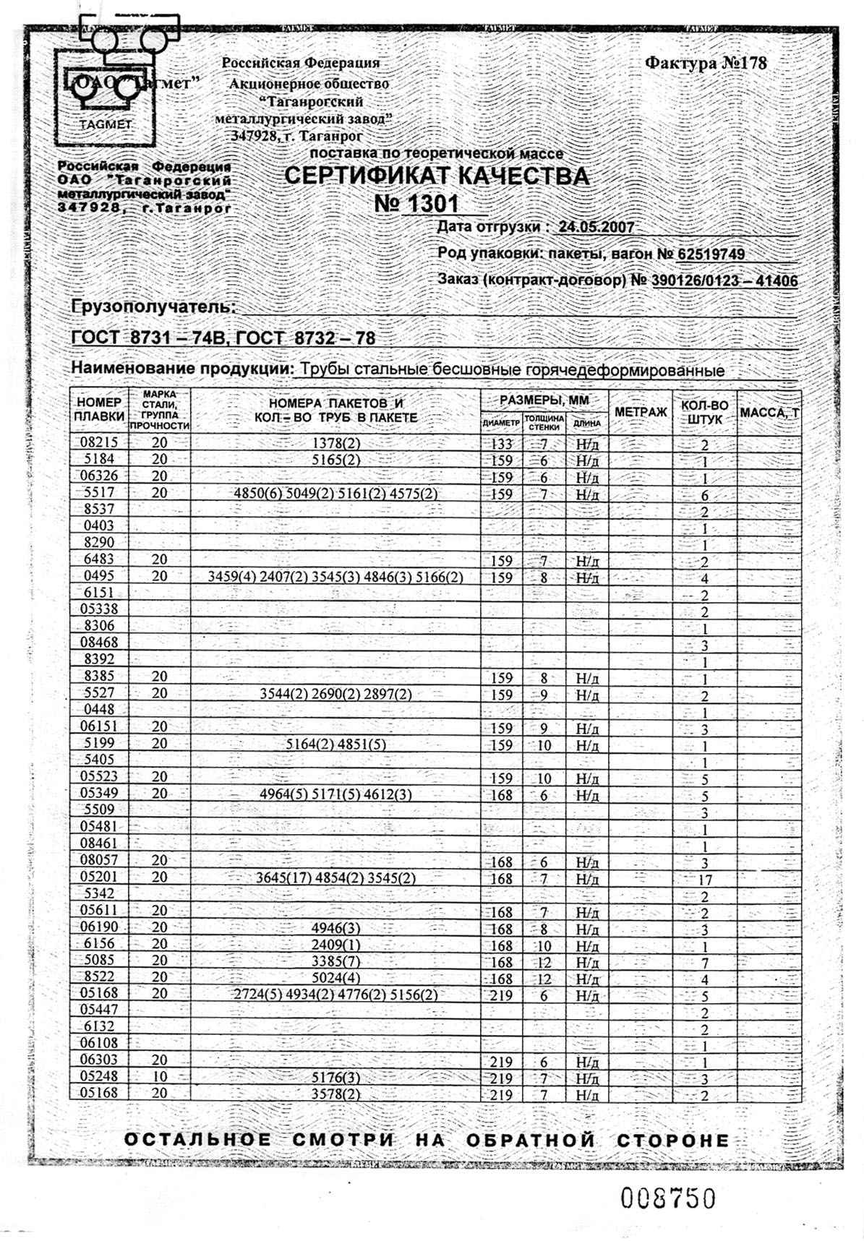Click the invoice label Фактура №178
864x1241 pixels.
(705, 64)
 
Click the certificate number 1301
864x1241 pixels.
(417, 203)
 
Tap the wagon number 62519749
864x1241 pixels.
(711, 254)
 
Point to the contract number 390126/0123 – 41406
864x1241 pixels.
(724, 280)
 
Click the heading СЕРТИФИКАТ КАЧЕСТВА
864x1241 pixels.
(436, 176)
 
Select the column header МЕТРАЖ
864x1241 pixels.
(640, 412)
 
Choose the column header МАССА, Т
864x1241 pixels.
(769, 413)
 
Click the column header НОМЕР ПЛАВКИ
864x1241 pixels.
(99, 410)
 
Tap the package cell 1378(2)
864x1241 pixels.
(335, 442)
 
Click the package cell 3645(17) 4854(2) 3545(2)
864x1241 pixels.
(335, 877)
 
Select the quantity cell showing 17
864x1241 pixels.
(705, 880)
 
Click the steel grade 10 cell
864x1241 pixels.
(160, 1077)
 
